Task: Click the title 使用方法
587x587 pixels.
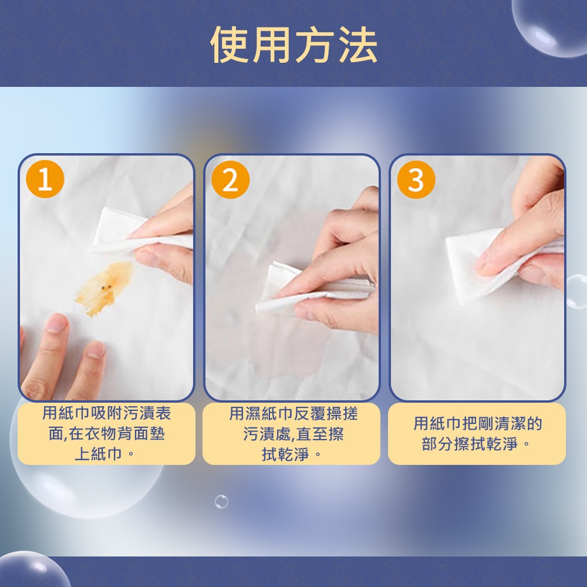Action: (293, 45)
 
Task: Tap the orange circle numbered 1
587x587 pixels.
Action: (45, 180)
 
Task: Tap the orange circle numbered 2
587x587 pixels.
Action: (230, 180)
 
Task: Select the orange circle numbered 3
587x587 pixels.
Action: (416, 180)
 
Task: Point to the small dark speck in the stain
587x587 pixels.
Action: (106, 287)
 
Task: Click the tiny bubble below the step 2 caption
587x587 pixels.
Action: (221, 502)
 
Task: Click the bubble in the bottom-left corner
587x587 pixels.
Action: (29, 572)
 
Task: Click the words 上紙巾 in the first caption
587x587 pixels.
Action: (97, 454)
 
